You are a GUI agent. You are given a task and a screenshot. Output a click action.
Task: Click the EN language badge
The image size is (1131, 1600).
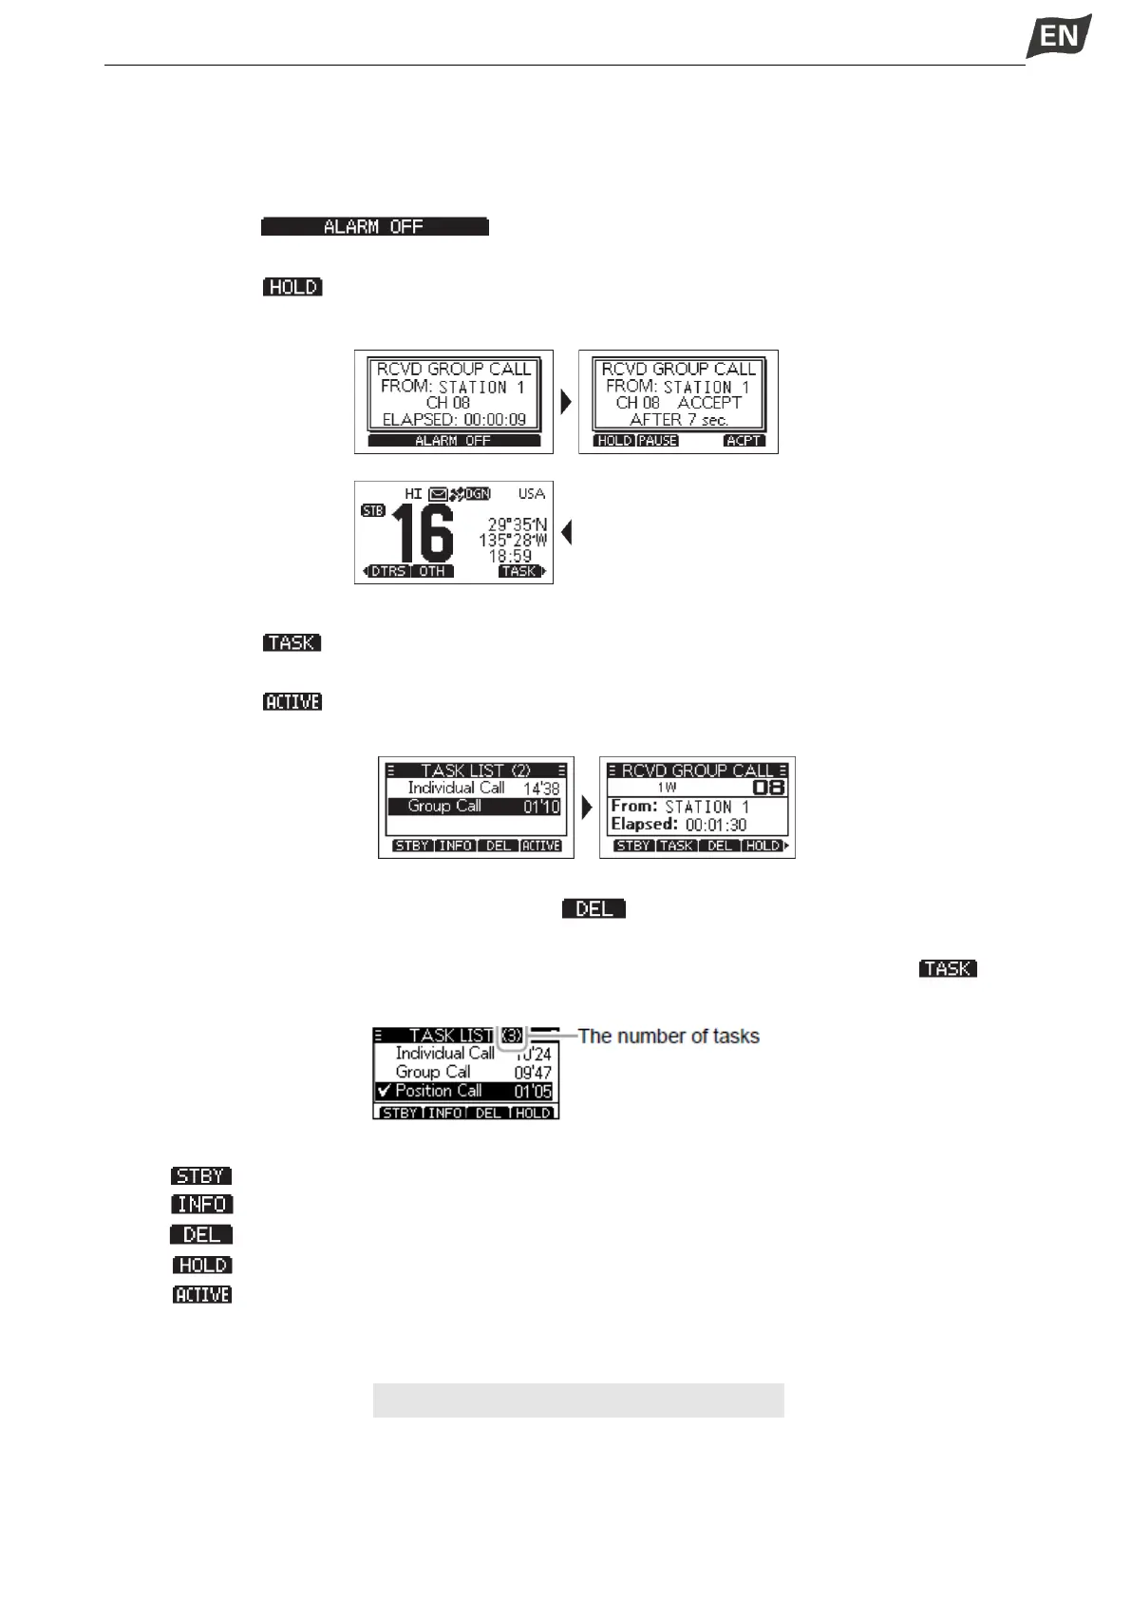[x=1059, y=37]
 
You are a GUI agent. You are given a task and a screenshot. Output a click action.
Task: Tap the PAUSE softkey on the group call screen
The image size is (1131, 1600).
[x=657, y=441]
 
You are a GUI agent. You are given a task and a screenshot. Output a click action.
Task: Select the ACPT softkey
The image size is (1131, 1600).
[x=744, y=441]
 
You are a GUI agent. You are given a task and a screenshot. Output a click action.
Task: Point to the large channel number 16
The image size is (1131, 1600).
[x=424, y=534]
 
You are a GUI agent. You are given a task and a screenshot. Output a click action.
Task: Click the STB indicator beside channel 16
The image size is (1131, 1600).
[x=373, y=511]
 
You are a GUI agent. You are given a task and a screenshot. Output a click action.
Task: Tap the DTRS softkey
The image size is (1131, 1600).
[x=388, y=571]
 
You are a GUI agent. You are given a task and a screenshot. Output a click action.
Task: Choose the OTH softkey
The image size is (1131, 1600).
[x=432, y=571]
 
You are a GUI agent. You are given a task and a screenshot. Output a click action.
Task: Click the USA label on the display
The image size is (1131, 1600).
[x=532, y=494]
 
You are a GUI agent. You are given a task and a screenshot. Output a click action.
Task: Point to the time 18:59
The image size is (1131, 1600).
[x=510, y=556]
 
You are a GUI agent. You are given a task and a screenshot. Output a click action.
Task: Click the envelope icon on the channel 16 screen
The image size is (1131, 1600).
[x=438, y=494]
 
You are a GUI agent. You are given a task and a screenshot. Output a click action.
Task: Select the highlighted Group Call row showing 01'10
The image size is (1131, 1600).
[x=475, y=807]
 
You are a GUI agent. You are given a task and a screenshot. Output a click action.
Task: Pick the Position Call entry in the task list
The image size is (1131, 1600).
[x=439, y=1091]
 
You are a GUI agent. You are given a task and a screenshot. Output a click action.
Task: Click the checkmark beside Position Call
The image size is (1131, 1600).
[x=384, y=1091]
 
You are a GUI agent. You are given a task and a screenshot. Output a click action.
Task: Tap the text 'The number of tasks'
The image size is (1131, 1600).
[x=669, y=1036]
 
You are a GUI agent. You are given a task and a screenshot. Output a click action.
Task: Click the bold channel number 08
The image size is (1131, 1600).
[x=769, y=788]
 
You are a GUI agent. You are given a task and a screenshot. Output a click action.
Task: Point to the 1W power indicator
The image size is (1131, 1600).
[x=667, y=788]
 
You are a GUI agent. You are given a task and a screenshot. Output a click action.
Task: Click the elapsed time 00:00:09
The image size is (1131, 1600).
[x=495, y=420]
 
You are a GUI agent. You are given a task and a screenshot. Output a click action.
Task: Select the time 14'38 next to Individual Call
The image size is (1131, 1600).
[x=541, y=789]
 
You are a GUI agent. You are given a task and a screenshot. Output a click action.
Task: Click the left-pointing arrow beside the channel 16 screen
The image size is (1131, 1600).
[x=567, y=533]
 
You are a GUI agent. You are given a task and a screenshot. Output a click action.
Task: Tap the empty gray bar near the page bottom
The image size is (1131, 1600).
[x=578, y=1400]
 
